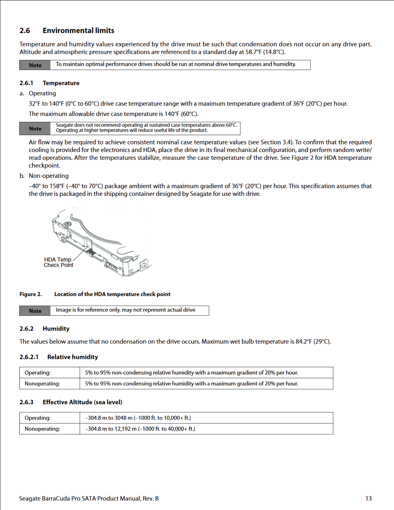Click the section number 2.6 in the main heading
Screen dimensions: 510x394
[25, 31]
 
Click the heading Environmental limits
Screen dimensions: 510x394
[78, 31]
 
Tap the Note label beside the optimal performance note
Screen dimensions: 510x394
[35, 65]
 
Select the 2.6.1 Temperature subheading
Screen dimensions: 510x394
[50, 83]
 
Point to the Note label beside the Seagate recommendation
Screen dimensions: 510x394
[35, 129]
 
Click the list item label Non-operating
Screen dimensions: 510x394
[48, 176]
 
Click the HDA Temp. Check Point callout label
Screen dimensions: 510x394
[58, 262]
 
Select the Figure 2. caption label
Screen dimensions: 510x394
[31, 294]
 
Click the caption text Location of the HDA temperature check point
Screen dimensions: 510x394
[112, 294]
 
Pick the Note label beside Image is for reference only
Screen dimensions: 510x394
[35, 311]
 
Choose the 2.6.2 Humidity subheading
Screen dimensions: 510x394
[44, 329]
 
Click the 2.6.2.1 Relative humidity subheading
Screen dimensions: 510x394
[59, 357]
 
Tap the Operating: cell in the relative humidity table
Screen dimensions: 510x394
[38, 373]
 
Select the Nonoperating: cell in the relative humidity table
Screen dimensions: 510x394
[42, 384]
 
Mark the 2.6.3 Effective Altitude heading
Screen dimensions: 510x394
[71, 402]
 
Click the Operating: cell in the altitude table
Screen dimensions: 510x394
[38, 418]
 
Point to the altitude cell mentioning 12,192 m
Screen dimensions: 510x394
[140, 429]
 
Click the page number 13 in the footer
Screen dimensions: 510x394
[368, 498]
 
